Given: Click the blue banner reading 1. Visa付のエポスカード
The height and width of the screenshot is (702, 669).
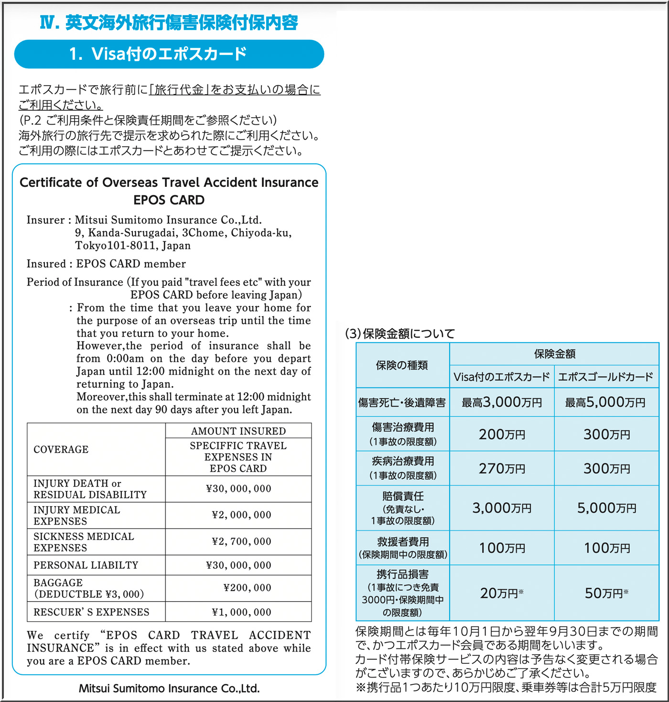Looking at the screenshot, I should click(x=169, y=54).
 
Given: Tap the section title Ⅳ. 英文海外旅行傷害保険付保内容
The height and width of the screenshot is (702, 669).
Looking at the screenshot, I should click(x=169, y=22).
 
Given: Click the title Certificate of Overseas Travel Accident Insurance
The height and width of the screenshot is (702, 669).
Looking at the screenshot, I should click(x=169, y=183).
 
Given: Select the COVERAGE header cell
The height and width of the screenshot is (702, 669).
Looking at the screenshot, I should click(x=61, y=450).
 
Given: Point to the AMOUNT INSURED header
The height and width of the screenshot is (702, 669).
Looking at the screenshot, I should click(x=238, y=431).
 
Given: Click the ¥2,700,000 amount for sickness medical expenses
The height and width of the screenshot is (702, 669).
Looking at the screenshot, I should click(x=241, y=541).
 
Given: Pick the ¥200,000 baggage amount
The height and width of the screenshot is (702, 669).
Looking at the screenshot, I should click(x=247, y=588).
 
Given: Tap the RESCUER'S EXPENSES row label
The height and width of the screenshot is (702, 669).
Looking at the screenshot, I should click(x=91, y=612).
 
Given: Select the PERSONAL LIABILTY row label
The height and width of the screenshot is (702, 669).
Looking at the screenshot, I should click(x=86, y=565).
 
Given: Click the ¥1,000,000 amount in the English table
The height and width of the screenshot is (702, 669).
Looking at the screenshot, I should click(x=241, y=612).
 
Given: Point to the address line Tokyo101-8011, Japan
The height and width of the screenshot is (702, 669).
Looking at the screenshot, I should click(x=133, y=246).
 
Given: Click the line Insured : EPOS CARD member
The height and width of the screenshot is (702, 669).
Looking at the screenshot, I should click(x=106, y=264).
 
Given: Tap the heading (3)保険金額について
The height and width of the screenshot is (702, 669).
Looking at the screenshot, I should click(x=400, y=334).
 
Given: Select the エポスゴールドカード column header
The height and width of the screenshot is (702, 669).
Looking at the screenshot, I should click(x=605, y=377).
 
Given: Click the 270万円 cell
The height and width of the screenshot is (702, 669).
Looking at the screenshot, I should click(x=502, y=468).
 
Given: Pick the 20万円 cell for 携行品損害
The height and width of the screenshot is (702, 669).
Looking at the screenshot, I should click(x=502, y=593).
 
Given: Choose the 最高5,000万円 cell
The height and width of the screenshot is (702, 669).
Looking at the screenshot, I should click(x=605, y=402).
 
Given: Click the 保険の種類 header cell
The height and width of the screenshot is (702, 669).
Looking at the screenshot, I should click(x=402, y=365).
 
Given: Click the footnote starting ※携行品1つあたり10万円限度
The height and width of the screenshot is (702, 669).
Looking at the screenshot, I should click(x=506, y=687).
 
